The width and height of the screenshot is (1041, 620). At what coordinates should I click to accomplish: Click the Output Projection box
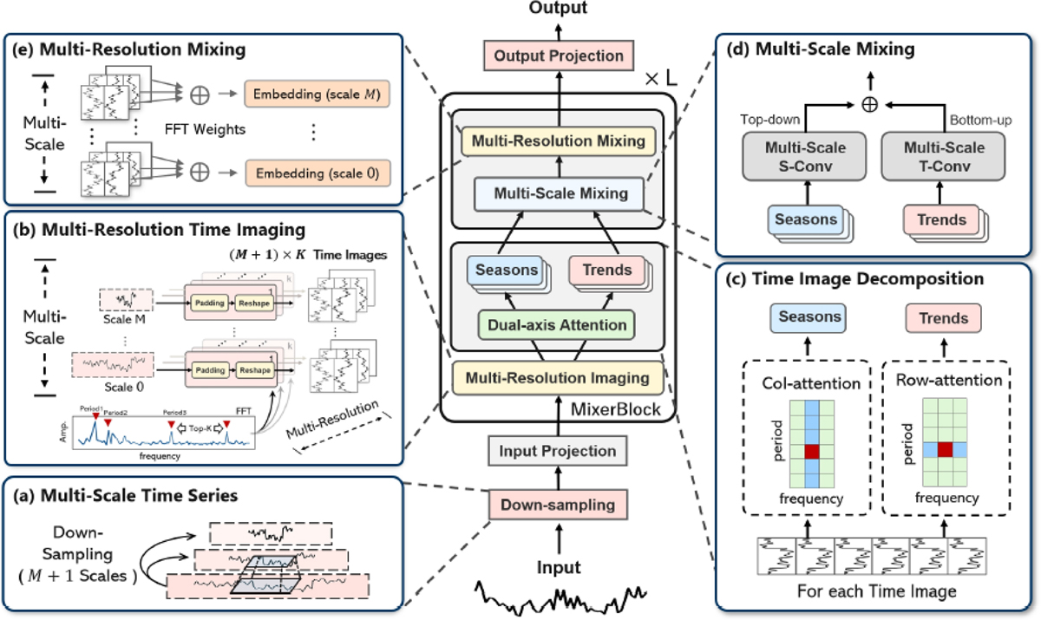(x=558, y=55)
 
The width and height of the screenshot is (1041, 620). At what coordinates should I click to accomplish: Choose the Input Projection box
(x=558, y=451)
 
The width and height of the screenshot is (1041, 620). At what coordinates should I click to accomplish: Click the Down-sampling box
(x=558, y=503)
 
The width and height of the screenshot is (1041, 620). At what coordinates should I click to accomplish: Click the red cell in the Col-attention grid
(x=810, y=451)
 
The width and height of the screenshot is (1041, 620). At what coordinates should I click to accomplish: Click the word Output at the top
(x=558, y=9)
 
